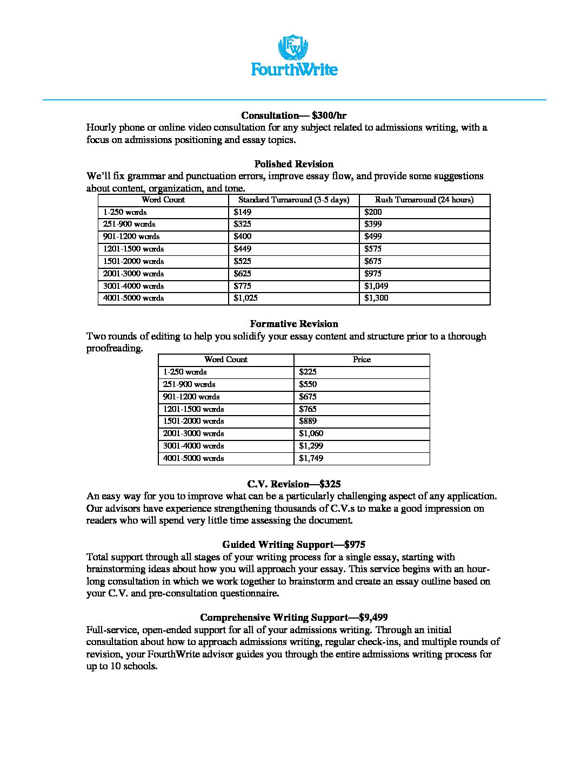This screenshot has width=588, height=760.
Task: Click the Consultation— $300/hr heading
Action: [293, 116]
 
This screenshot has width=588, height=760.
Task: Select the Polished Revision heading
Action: [293, 164]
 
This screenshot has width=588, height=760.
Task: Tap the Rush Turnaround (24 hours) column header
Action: [424, 200]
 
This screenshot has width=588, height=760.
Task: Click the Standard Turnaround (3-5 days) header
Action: [293, 200]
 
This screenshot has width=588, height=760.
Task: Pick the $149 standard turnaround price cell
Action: [243, 212]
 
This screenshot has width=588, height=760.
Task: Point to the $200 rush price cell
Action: [373, 212]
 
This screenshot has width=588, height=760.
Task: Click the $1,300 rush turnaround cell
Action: [376, 298]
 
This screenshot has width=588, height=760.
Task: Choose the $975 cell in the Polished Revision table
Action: [373, 274]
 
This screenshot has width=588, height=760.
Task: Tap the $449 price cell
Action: [243, 249]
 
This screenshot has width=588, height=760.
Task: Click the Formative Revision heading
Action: [293, 324]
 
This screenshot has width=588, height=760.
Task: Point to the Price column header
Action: [362, 359]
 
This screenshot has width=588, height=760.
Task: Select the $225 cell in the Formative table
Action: [308, 372]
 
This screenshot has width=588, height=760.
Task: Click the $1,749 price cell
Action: [311, 458]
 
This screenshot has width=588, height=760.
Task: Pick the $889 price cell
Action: [308, 421]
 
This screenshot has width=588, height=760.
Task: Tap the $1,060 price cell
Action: [311, 433]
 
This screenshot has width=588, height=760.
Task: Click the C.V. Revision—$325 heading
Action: [293, 484]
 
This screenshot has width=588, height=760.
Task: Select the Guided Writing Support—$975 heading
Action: [293, 545]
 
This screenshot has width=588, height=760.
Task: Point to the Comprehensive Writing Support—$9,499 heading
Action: [293, 617]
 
